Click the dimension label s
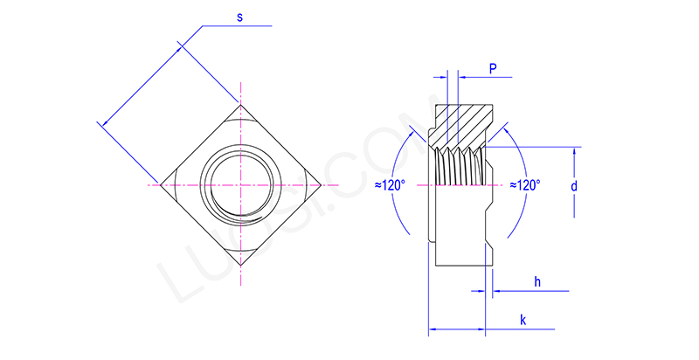pyautogui.click(x=239, y=17)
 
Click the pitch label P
pyautogui.click(x=493, y=68)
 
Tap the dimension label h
pyautogui.click(x=536, y=280)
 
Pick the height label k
pyautogui.click(x=523, y=321)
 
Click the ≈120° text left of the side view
pyautogui.click(x=390, y=185)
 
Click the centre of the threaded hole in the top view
pyautogui.click(x=240, y=185)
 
